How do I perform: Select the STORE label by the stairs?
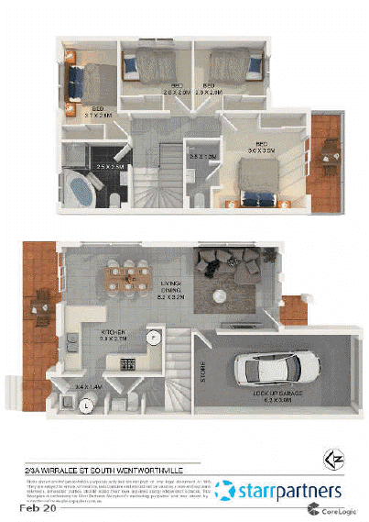pyautogui.click(x=204, y=371)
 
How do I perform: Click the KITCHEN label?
pyautogui.click(x=114, y=331)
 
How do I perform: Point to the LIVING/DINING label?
pyautogui.click(x=171, y=288)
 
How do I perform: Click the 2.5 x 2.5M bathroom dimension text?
pyautogui.click(x=108, y=166)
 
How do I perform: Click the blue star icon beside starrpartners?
pyautogui.click(x=223, y=491)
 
